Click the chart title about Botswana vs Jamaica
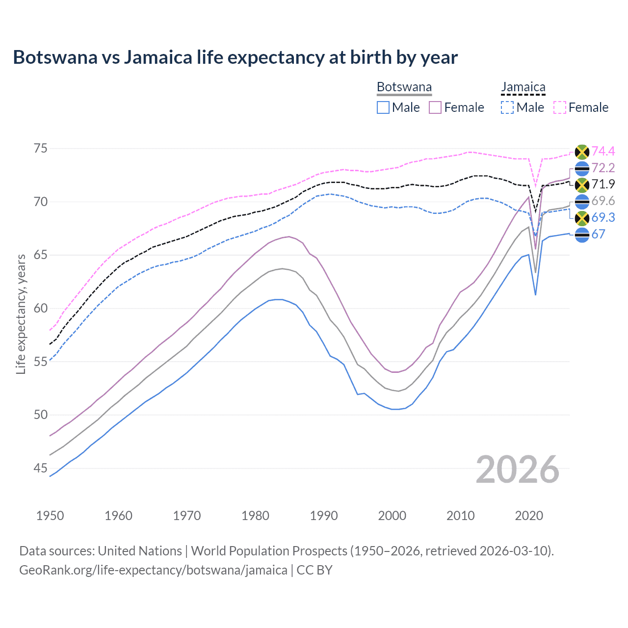[235, 57]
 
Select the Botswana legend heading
[404, 87]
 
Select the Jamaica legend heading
[523, 87]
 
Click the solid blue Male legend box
[383, 107]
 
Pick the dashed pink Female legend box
[560, 107]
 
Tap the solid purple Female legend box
[435, 107]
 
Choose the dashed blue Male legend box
[507, 107]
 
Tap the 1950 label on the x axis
[50, 516]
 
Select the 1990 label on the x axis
[324, 516]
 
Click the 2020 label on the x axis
[529, 516]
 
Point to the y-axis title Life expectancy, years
[21, 314]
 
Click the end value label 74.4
[603, 151]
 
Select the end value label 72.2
[603, 168]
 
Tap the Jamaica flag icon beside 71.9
[582, 185]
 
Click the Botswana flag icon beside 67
[582, 235]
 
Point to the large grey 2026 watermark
[517, 470]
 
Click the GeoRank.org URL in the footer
[153, 570]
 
